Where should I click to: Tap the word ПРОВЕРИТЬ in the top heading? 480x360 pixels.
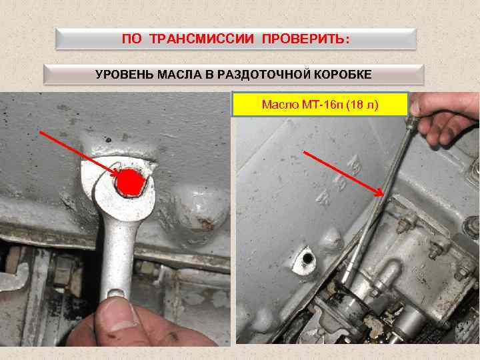click(x=305, y=39)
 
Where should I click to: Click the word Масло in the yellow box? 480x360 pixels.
click(x=278, y=105)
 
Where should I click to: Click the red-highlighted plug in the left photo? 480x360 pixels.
click(x=129, y=182)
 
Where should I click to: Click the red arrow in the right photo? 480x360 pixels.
click(x=343, y=173)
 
